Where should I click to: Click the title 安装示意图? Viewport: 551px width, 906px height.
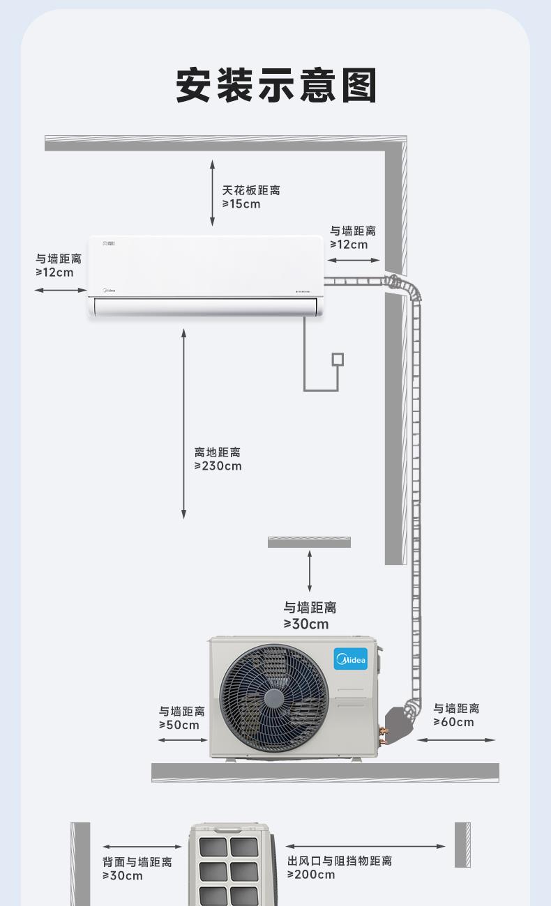point(276,86)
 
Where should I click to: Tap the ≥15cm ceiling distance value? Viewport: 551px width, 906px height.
point(241,204)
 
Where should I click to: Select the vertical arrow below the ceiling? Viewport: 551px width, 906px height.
point(212,193)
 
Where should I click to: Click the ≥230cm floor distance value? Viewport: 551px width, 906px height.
point(218,466)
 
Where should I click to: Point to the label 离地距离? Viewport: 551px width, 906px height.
point(218,452)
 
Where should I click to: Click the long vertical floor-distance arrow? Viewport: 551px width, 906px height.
point(183,424)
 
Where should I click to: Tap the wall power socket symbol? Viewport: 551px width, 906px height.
point(338,359)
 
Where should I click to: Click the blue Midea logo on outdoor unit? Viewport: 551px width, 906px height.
point(351,659)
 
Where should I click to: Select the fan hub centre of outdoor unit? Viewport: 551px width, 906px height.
point(274,698)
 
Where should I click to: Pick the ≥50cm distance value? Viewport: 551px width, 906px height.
point(179,725)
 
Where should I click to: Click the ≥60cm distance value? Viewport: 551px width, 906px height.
point(453,722)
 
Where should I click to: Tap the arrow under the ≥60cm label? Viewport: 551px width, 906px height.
point(456,739)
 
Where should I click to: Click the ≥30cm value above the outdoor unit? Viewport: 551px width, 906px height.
point(306,624)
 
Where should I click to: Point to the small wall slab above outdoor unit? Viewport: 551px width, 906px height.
point(309,542)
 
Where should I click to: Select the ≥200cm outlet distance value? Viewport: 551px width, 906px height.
point(311,875)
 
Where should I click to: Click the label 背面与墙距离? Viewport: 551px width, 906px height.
point(137,862)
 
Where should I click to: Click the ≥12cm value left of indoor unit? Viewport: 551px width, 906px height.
point(54,272)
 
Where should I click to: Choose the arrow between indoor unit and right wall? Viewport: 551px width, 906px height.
point(354,260)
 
